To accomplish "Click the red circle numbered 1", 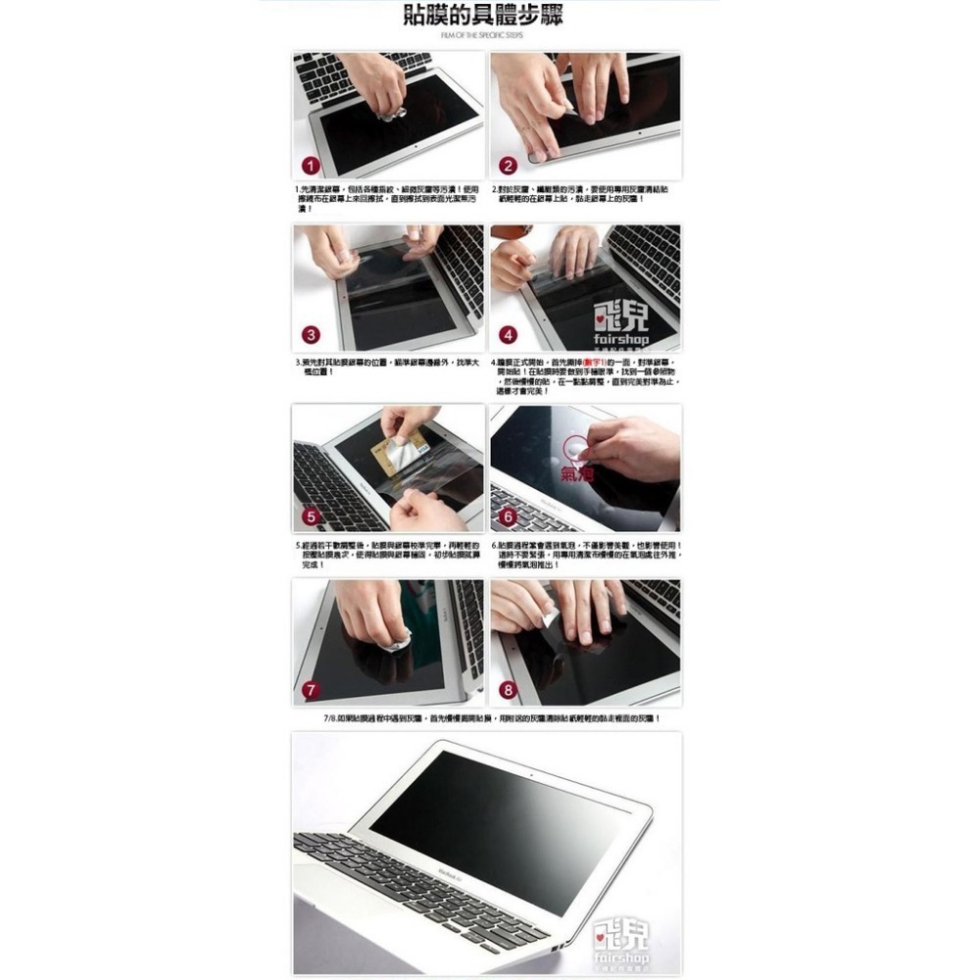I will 310,165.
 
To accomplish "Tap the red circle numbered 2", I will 508,165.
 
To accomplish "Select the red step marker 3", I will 310,335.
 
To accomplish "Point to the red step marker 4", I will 508,335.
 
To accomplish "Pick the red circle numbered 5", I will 310,515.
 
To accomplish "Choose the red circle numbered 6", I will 508,515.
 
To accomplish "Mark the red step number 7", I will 310,690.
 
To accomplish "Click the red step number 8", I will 508,690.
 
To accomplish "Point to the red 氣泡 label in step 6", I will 577,475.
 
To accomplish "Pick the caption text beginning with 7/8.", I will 490,718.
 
